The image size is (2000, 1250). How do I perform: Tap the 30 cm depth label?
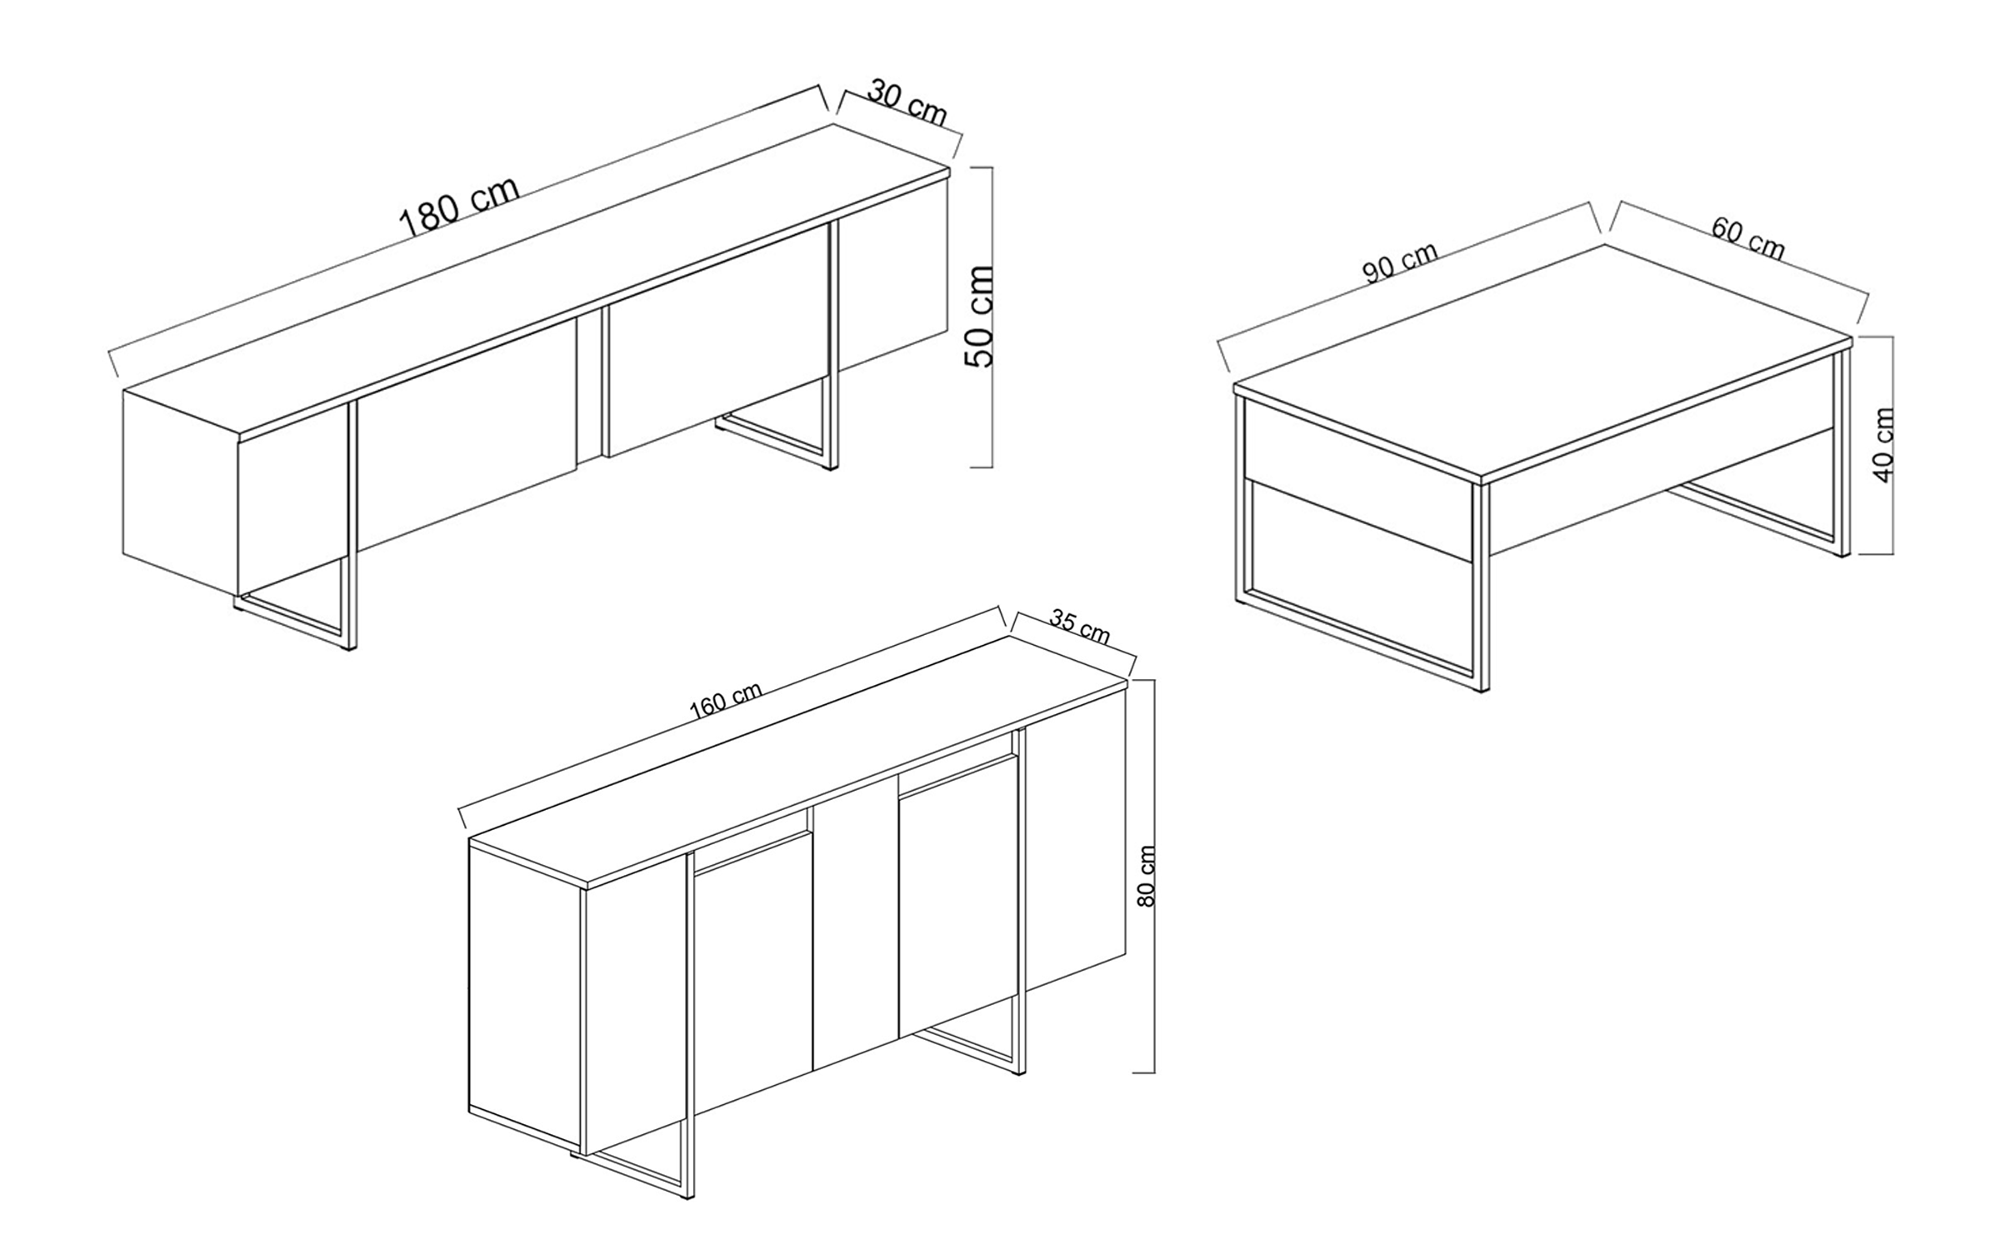pyautogui.click(x=907, y=102)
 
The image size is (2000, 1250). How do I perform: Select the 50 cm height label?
pyautogui.click(x=978, y=317)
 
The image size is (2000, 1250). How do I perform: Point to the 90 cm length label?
pyautogui.click(x=1400, y=262)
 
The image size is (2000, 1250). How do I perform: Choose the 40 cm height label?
pyautogui.click(x=1883, y=445)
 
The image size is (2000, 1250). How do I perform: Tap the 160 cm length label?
pyautogui.click(x=725, y=700)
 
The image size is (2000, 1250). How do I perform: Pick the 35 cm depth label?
pyautogui.click(x=1080, y=627)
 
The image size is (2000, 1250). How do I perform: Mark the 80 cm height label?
pyautogui.click(x=1147, y=876)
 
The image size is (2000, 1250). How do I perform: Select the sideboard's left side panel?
pyautogui.click(x=525, y=983)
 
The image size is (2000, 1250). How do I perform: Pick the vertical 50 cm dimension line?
pyautogui.click(x=991, y=317)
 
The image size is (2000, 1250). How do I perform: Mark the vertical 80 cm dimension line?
pyautogui.click(x=1153, y=876)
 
